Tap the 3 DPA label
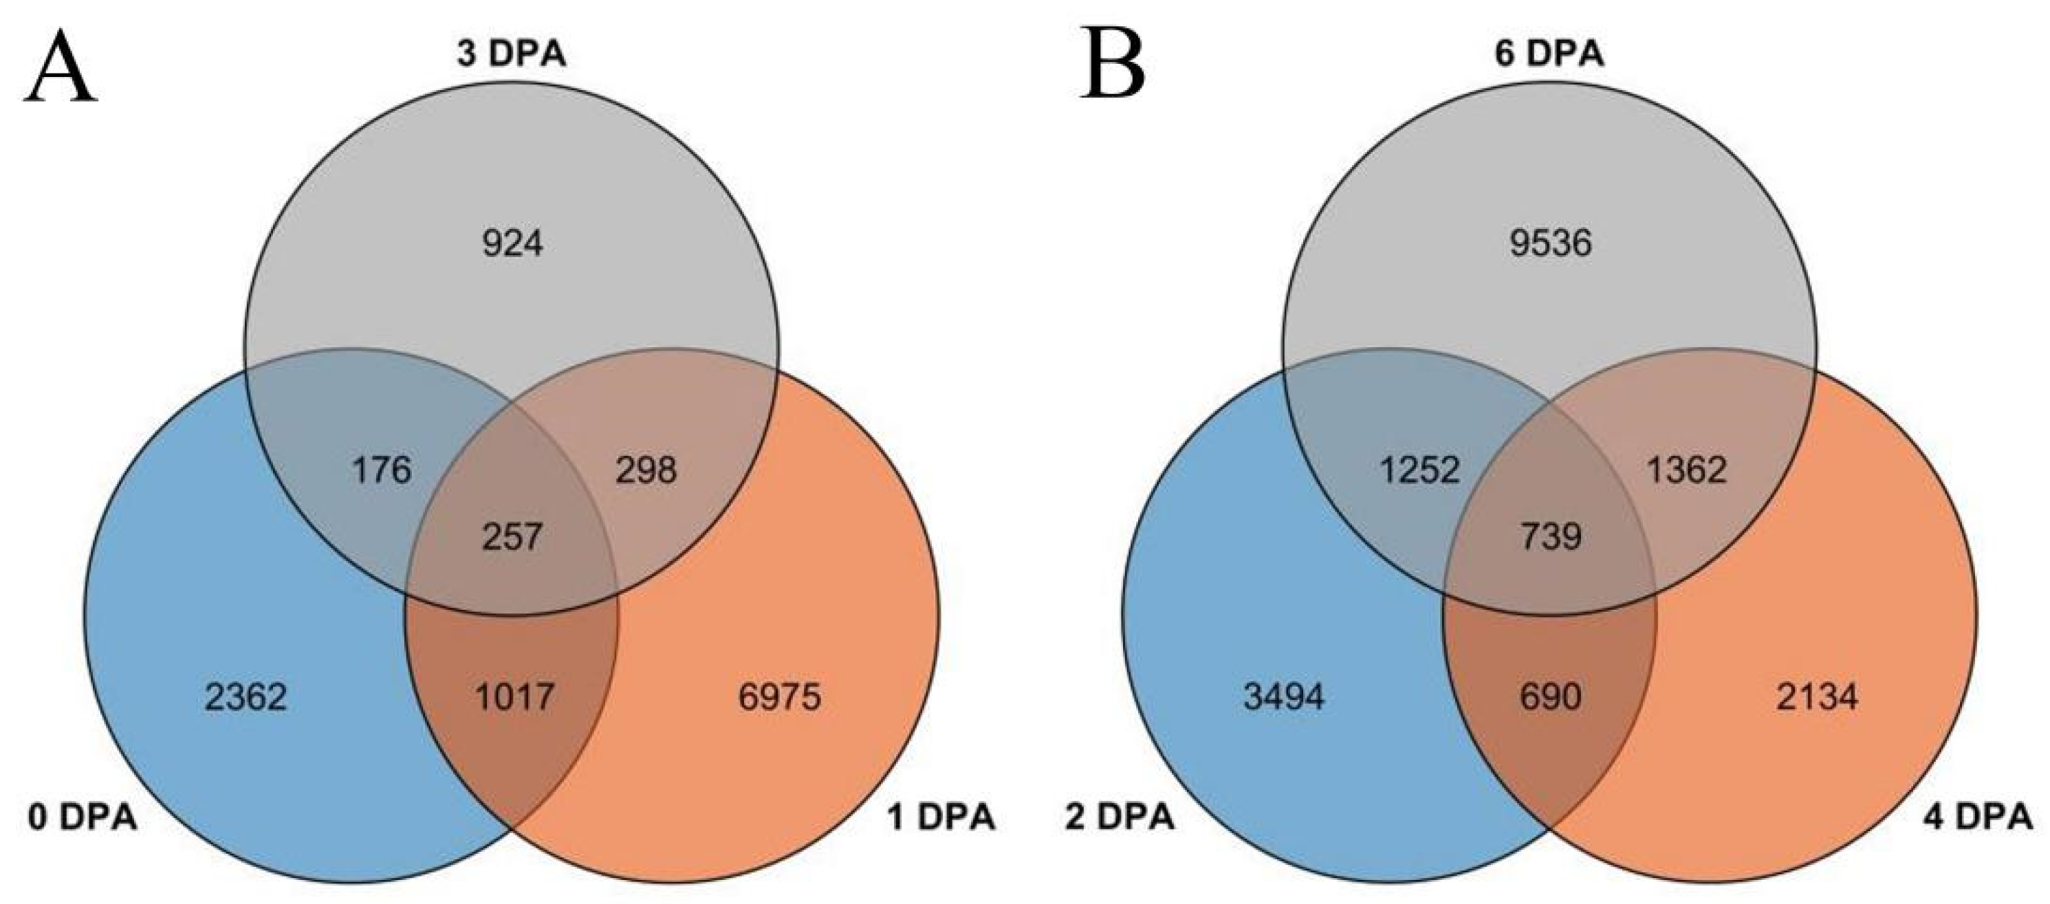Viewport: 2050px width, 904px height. point(511,54)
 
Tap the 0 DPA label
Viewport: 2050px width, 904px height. point(83,818)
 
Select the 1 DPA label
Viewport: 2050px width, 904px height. point(941,818)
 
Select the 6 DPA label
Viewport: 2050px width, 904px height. point(1549,54)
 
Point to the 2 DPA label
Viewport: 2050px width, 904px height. point(1120,818)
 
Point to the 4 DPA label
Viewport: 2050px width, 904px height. point(1978,818)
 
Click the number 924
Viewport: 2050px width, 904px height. point(512,243)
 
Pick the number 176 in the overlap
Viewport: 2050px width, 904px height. point(381,470)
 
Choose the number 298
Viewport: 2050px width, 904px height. point(646,470)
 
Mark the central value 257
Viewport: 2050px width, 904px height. point(512,537)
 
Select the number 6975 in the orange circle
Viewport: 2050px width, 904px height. point(779,698)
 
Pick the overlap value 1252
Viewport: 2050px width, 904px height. point(1419,470)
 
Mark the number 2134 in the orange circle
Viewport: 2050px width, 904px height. point(1818,698)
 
